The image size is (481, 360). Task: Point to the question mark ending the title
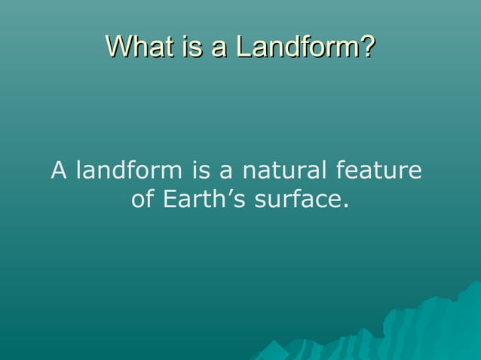[x=367, y=47]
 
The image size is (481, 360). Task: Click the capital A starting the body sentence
[x=58, y=172]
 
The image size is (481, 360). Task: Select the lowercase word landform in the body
[x=127, y=172]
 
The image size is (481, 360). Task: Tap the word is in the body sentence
[x=202, y=172]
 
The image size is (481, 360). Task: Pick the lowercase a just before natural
[x=227, y=172]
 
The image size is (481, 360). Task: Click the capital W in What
[x=117, y=47]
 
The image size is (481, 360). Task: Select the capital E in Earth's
[x=170, y=200]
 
